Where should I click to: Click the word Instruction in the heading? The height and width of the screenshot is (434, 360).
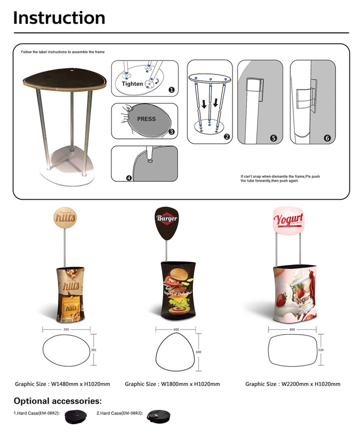pos(59,17)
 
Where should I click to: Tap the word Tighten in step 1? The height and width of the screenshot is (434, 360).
pos(132,84)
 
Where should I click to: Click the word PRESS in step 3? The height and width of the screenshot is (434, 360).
pos(146,119)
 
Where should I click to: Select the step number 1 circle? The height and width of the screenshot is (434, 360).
pos(171,90)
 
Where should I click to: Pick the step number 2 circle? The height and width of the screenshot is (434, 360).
pos(226,136)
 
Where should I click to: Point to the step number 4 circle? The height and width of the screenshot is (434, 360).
pos(129,177)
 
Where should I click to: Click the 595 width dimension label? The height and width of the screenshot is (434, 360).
pos(65,330)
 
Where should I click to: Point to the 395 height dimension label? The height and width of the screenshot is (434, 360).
pos(93,350)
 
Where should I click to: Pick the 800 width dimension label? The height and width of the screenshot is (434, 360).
pos(292,330)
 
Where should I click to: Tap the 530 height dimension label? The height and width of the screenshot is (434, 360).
pos(320,350)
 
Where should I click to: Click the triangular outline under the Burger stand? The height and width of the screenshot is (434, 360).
pos(175,353)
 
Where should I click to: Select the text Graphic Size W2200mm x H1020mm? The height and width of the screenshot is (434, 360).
pos(292,384)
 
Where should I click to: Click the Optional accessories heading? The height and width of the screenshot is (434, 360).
pos(57,401)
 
